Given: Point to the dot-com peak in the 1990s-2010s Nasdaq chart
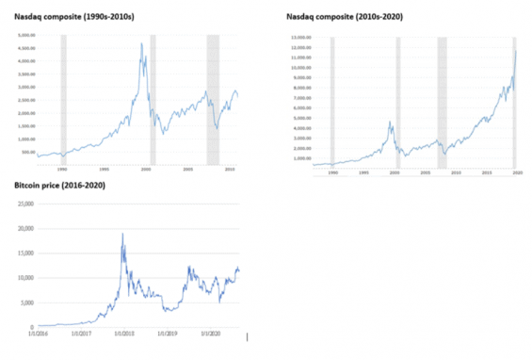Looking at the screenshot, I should [141, 43].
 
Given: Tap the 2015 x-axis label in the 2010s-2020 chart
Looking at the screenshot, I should [487, 173].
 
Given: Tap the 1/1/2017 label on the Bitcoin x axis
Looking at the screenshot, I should [78, 333].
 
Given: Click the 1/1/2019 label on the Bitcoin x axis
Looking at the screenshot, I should [169, 333].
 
